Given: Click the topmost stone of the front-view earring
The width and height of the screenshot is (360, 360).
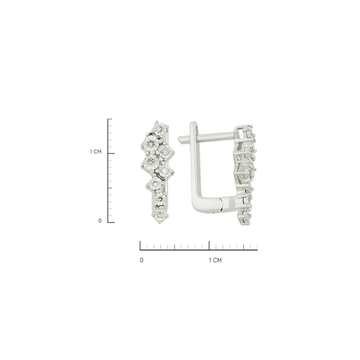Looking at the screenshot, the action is point(159,128).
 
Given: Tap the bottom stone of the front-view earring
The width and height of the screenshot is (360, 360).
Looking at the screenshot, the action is point(160,215).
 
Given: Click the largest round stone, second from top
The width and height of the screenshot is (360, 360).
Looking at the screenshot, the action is point(150,143).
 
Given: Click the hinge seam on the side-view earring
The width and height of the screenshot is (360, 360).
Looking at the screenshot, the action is point(221,204).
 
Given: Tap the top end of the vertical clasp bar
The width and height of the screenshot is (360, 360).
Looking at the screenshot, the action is point(194,124).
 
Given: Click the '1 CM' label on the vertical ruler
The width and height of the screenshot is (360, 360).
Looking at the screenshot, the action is point(96,152).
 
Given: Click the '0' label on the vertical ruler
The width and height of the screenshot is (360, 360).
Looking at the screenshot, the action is point(100,221).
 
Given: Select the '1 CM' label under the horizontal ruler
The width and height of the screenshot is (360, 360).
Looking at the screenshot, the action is point(215,260).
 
